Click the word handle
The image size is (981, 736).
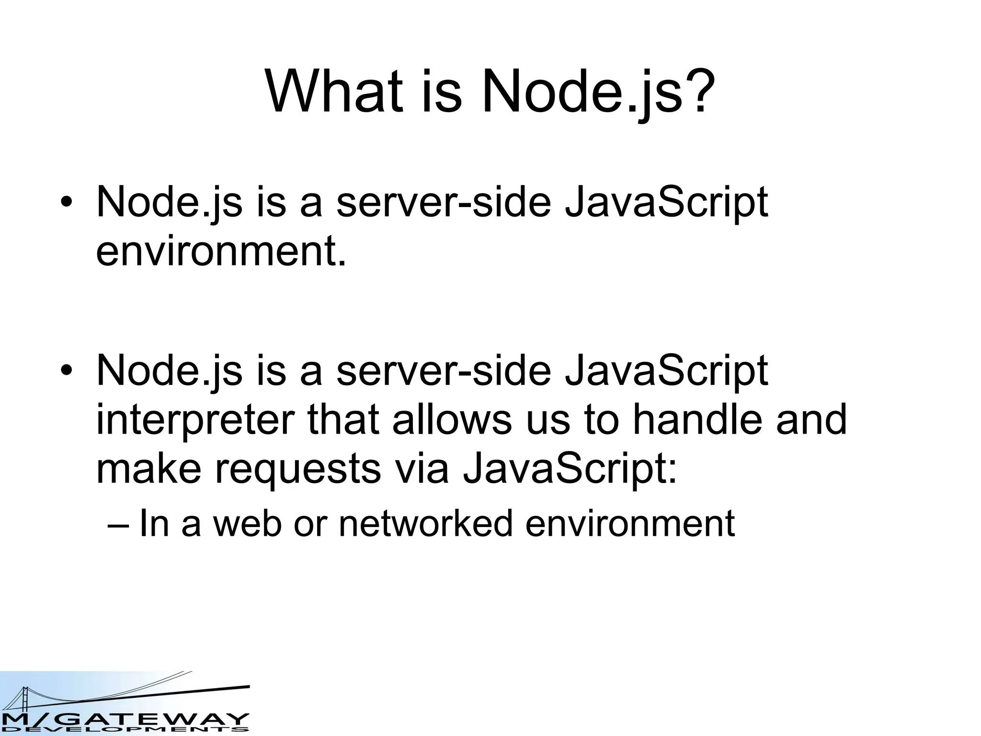click(697, 420)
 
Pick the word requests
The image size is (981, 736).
click(297, 470)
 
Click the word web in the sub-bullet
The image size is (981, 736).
click(247, 523)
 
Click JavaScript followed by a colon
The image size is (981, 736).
click(570, 470)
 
